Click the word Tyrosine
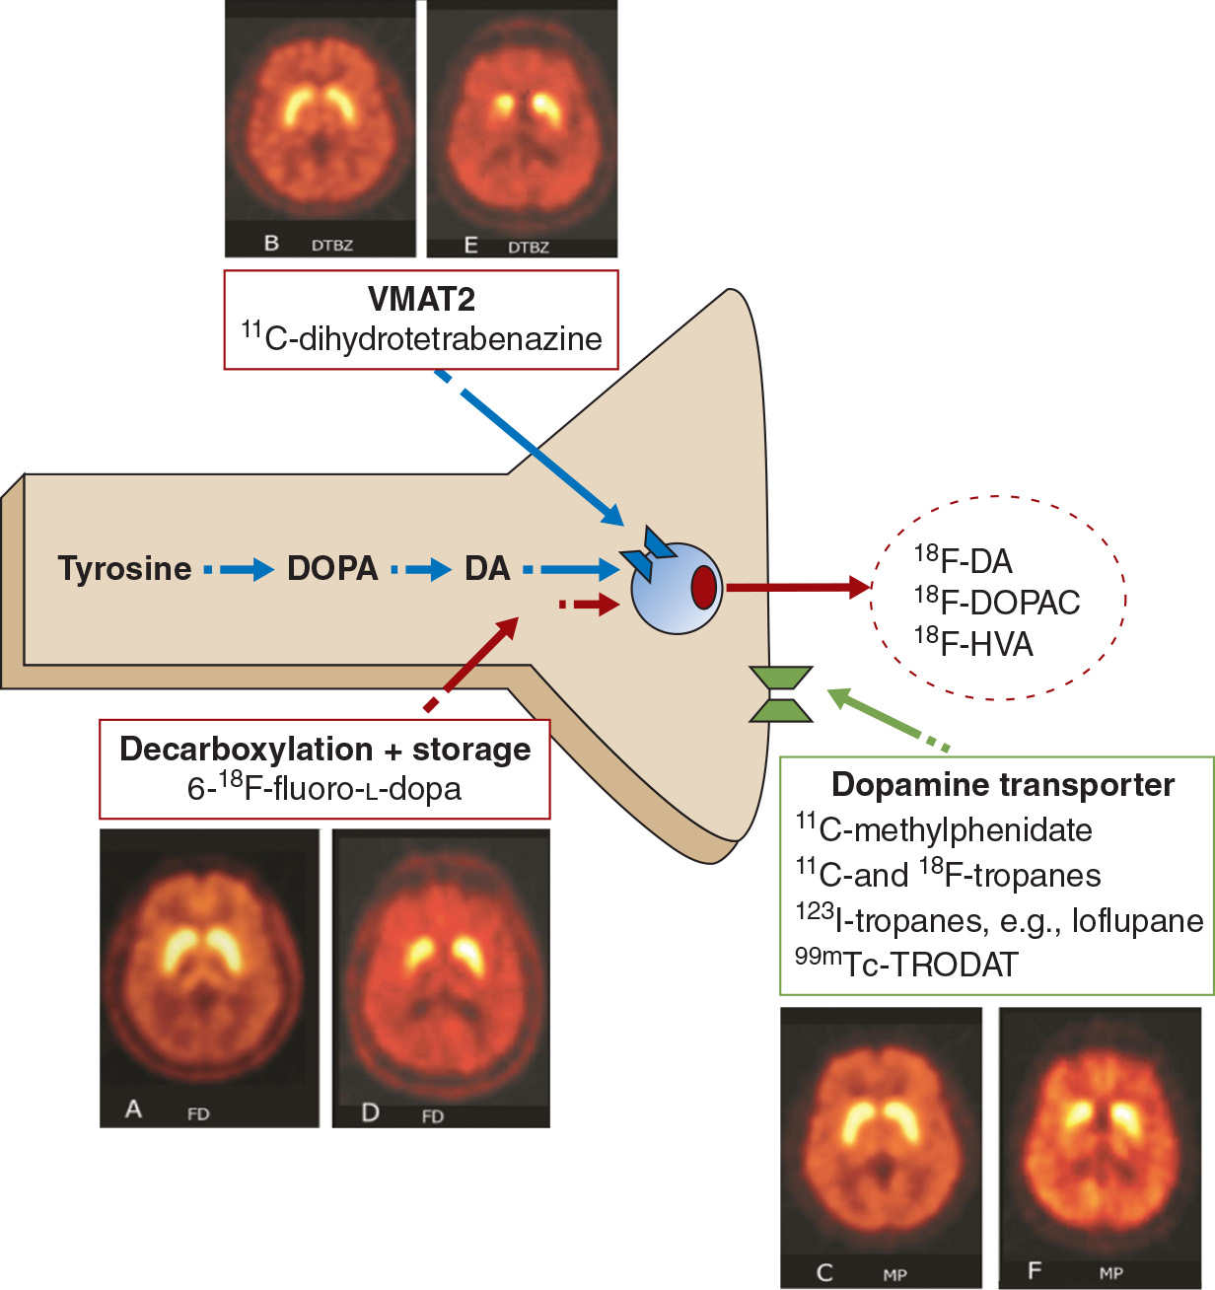click(124, 569)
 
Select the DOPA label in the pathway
click(332, 569)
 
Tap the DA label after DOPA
click(487, 569)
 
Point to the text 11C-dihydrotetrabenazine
click(421, 338)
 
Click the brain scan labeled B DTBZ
click(320, 128)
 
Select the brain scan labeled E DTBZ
click(522, 128)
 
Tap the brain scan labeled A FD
click(209, 976)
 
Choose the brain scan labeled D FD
click(441, 976)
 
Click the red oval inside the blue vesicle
click(703, 588)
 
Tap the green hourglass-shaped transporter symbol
click(781, 694)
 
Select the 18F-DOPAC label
click(997, 602)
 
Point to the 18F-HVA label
click(973, 643)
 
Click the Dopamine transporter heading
click(1003, 785)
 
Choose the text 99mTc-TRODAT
click(906, 963)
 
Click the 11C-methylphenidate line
click(944, 829)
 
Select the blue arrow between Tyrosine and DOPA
click(239, 569)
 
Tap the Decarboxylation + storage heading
click(324, 750)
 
